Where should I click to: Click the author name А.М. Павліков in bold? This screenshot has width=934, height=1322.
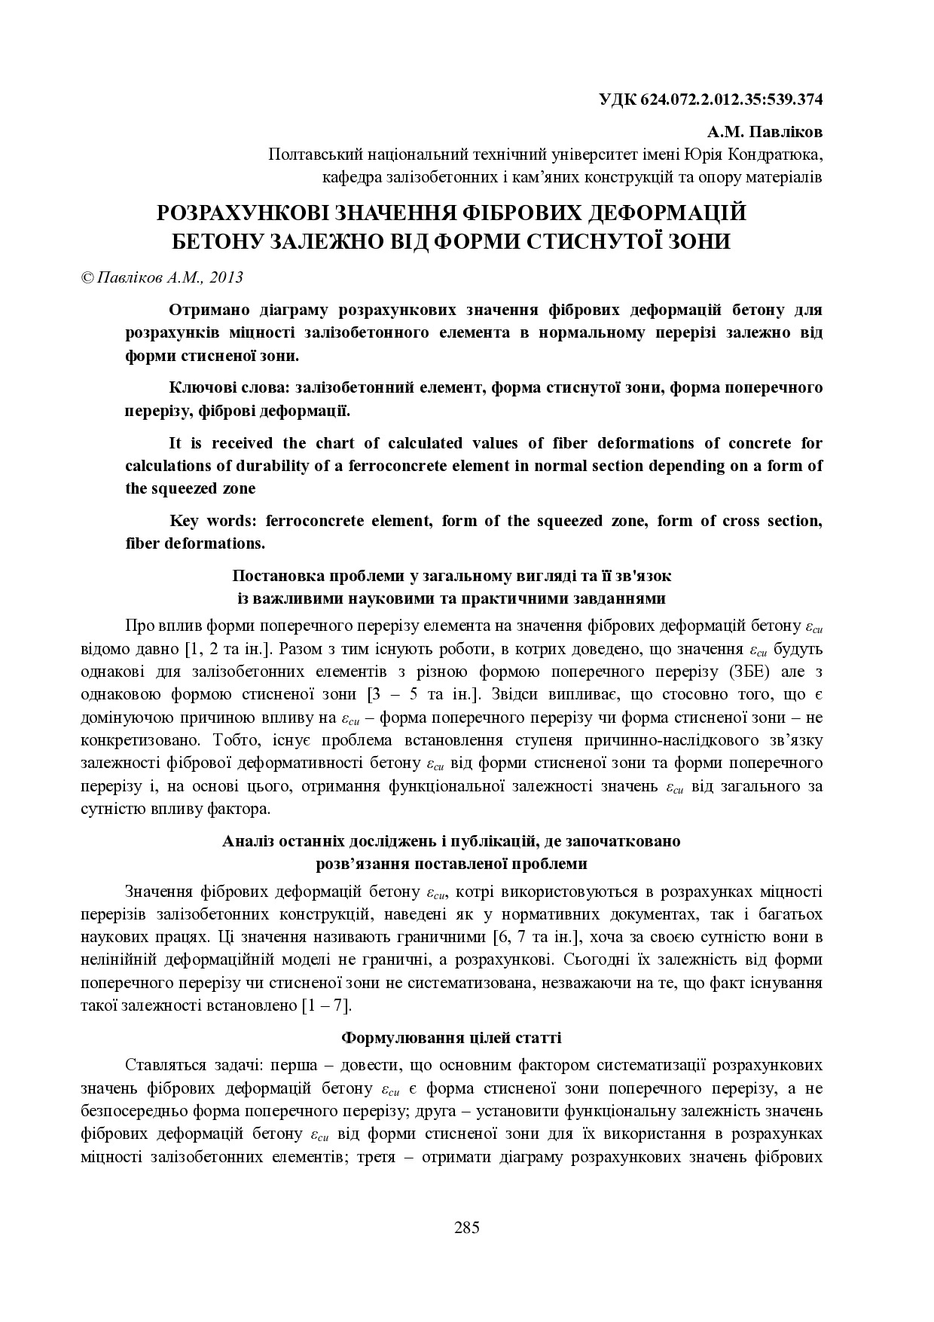tap(765, 133)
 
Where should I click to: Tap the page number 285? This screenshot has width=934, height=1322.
tap(467, 1228)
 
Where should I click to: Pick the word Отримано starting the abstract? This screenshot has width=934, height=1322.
tap(204, 311)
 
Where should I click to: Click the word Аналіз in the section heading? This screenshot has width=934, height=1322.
tap(249, 841)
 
